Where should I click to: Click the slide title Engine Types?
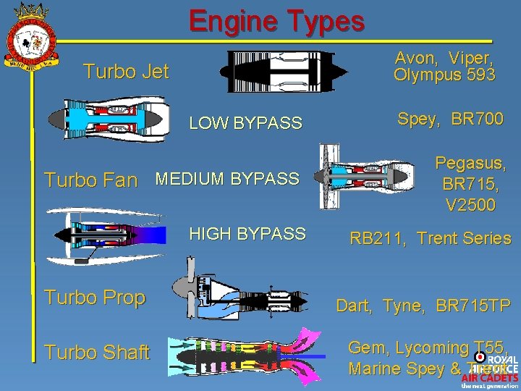(x=277, y=21)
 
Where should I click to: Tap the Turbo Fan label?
(x=91, y=180)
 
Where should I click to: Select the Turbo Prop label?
(x=94, y=298)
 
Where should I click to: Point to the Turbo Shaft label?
(x=96, y=353)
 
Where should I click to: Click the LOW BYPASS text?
(x=245, y=123)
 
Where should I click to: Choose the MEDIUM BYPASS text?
(x=227, y=178)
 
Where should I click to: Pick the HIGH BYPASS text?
(x=247, y=234)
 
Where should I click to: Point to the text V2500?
(x=470, y=205)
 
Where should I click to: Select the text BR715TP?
(x=473, y=306)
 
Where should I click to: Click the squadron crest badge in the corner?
(x=30, y=35)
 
